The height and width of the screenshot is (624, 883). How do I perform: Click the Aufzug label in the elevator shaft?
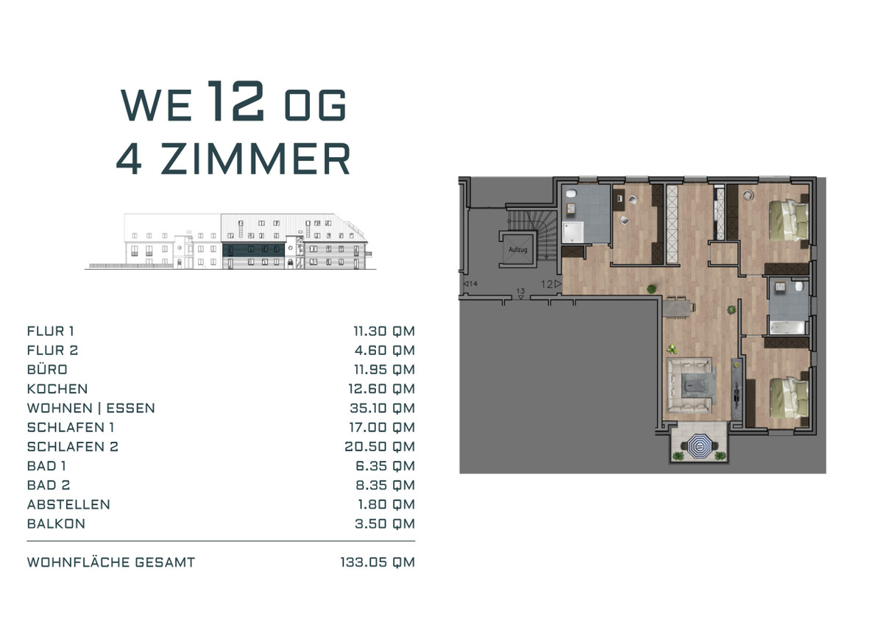coord(517,249)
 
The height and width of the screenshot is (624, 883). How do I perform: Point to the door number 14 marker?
coord(473,284)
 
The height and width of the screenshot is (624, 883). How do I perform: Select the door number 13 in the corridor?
coord(521,291)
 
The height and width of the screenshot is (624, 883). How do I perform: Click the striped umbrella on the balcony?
coord(699,446)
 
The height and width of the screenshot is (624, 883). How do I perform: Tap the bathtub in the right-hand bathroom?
coord(787,327)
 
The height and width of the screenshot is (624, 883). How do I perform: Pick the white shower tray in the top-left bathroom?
coord(572,232)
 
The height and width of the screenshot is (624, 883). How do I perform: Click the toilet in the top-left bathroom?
coord(571,193)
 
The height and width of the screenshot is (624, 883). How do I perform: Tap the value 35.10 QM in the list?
coord(383,408)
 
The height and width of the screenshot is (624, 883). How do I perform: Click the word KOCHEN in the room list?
coord(57,389)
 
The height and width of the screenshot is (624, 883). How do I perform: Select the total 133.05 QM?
coord(377,562)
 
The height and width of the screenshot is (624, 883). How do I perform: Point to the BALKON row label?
coord(56,524)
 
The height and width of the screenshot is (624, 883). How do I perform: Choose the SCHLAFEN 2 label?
coord(73,447)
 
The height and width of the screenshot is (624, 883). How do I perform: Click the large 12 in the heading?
coord(235,101)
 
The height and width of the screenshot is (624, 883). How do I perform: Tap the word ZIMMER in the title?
coord(255,158)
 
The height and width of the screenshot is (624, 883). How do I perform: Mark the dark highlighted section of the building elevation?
coord(253,249)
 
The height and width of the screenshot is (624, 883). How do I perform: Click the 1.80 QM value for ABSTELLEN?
coord(386,505)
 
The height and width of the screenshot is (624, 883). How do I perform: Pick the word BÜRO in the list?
coord(47,369)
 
